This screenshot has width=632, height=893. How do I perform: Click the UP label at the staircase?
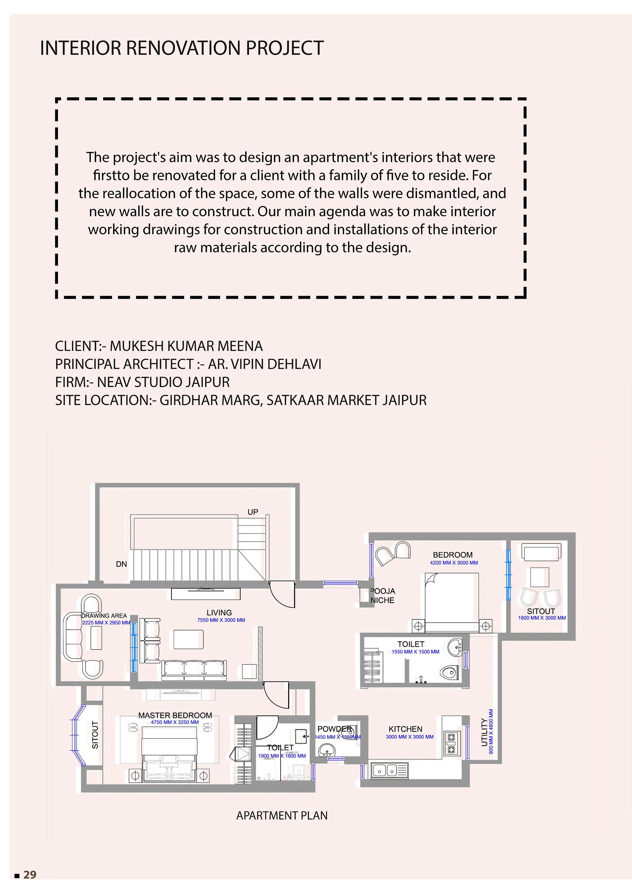click(253, 512)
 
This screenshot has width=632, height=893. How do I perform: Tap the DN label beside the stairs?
click(121, 564)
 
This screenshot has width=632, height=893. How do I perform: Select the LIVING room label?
click(219, 612)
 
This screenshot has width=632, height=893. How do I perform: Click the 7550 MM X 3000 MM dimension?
click(221, 620)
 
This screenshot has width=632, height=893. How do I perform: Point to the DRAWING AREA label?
click(104, 616)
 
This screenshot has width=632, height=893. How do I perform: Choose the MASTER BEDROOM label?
click(175, 715)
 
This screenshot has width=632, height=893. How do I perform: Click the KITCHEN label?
click(405, 729)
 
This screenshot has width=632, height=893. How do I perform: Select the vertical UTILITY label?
click(484, 733)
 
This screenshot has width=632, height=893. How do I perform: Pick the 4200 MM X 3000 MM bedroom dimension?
click(454, 563)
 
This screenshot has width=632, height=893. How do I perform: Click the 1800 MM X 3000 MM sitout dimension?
click(542, 618)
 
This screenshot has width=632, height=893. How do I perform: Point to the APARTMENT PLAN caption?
click(282, 816)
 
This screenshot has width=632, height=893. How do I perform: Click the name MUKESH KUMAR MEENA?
click(186, 346)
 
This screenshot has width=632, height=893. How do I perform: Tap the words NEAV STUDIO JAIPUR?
click(164, 382)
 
